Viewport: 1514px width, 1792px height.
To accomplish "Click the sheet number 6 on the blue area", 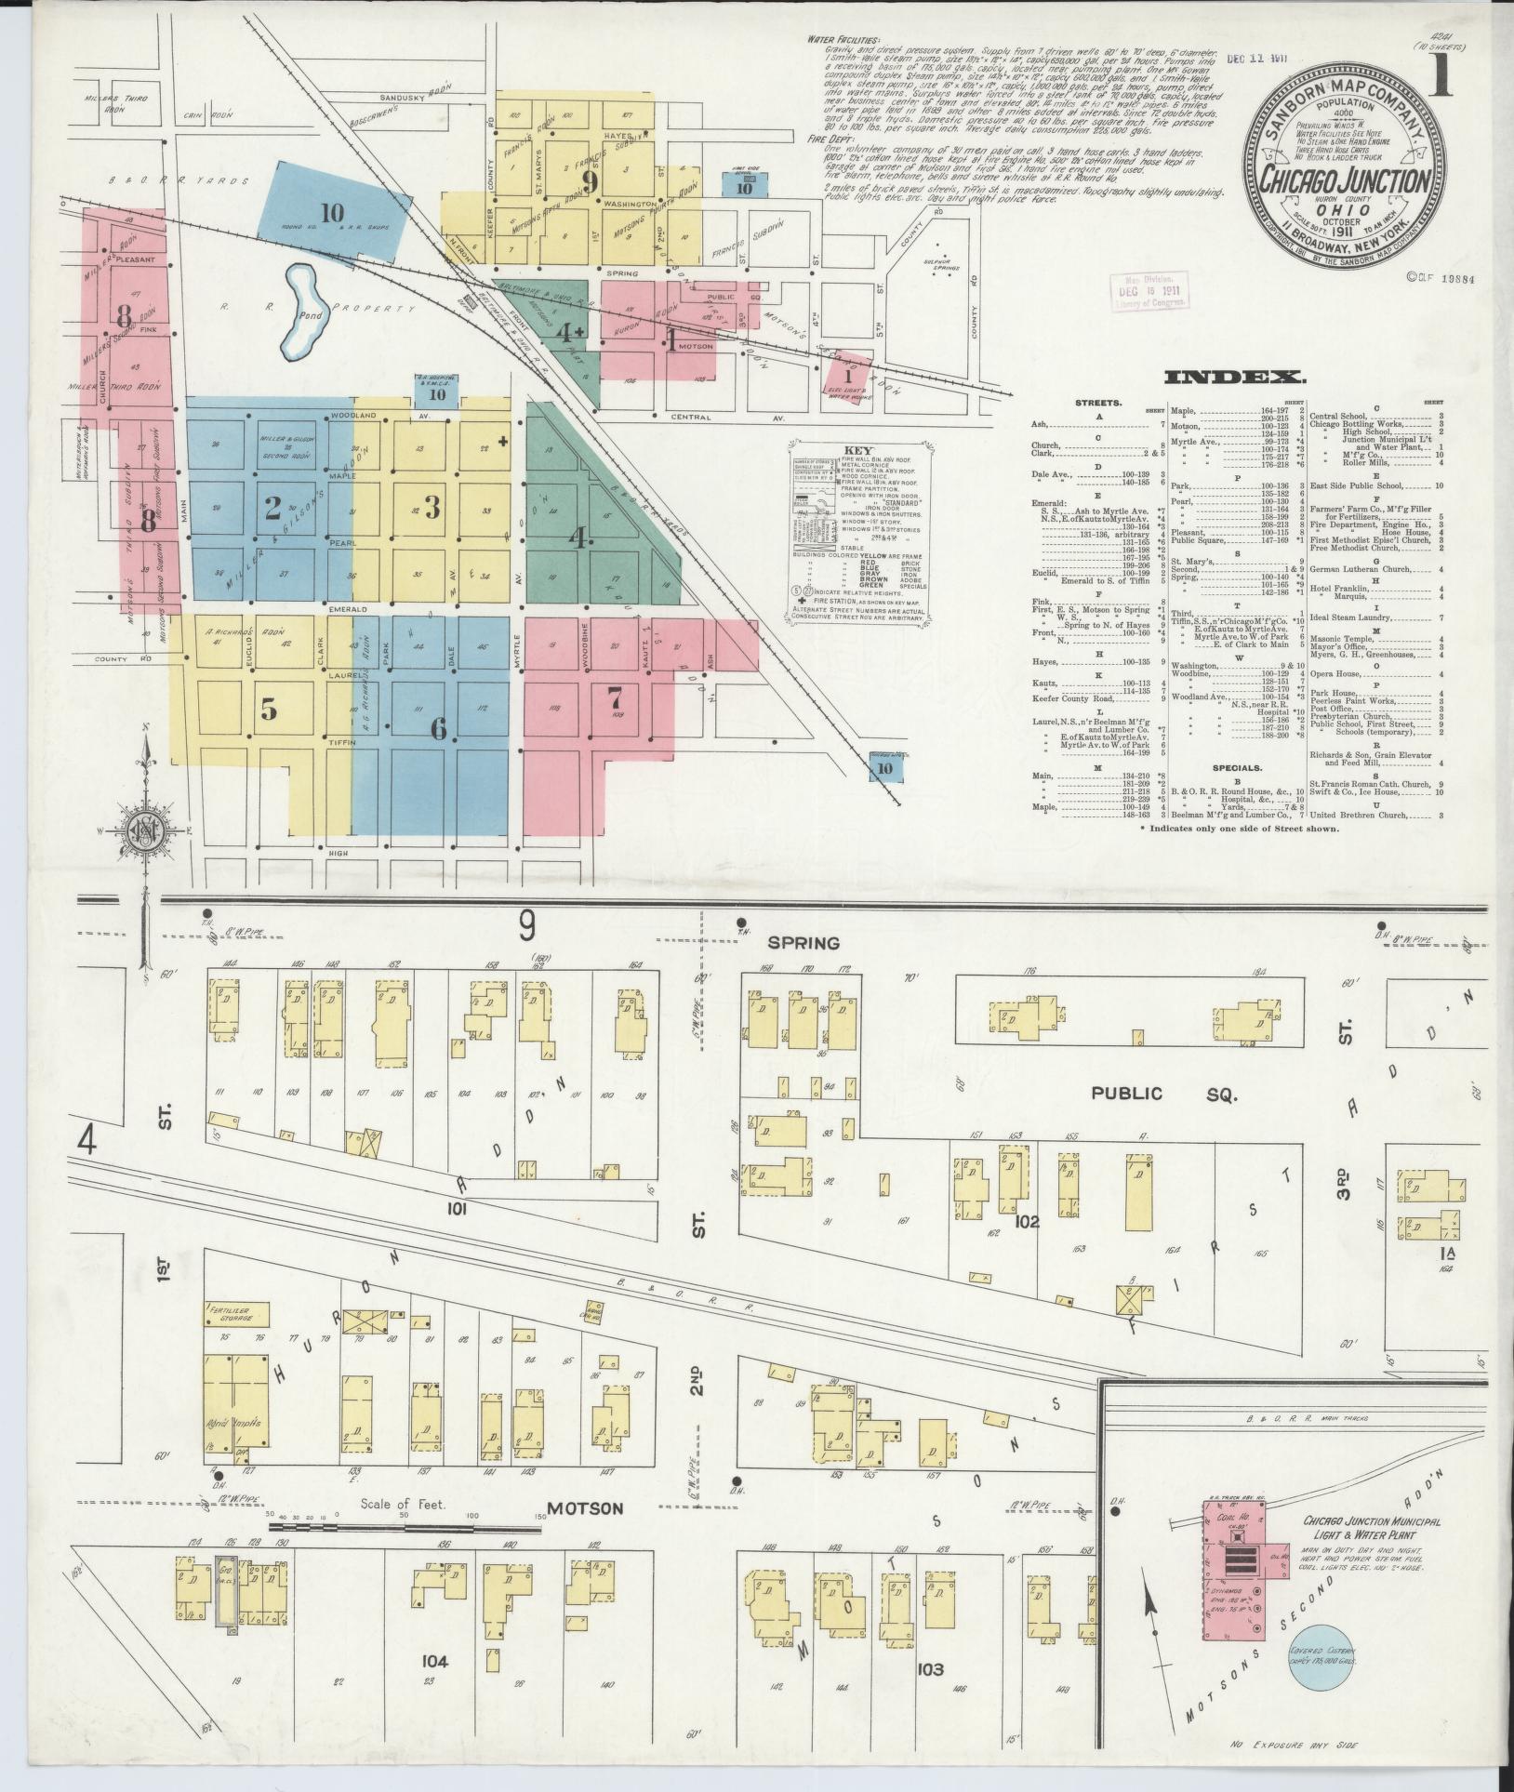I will (x=438, y=728).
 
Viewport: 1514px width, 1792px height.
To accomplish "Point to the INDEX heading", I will (x=1235, y=377).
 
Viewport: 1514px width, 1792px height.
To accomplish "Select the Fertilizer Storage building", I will (x=237, y=1314).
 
